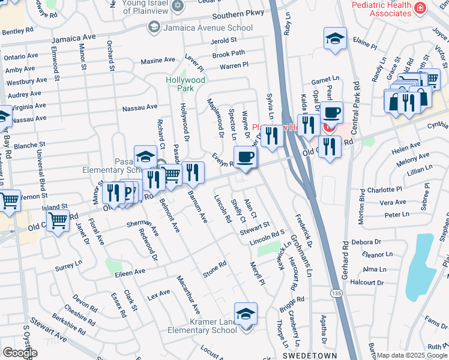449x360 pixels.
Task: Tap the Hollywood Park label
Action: point(186,84)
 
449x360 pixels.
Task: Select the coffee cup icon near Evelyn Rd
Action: point(244,158)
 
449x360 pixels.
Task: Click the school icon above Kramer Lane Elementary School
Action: point(246,314)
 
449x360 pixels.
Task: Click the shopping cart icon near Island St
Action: point(58,221)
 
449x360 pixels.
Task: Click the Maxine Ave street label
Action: point(157,61)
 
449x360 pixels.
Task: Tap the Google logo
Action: point(20,352)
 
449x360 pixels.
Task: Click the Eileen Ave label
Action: point(130,272)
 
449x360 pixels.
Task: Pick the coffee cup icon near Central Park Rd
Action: point(331,113)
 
